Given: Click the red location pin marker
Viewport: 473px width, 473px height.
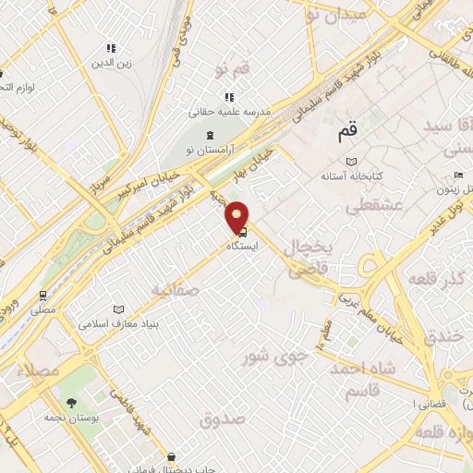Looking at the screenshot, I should [238, 217].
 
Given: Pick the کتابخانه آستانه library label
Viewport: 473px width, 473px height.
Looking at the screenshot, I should [351, 174].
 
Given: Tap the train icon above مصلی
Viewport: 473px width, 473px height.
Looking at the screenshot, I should [42, 296].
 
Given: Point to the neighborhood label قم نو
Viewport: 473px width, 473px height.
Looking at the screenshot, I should [232, 70].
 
